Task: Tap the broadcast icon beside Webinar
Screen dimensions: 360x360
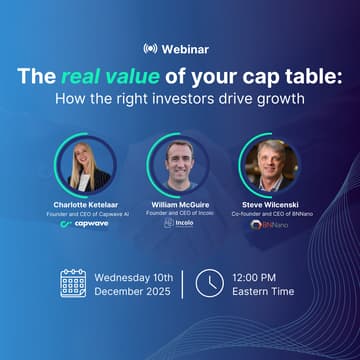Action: tap(151, 47)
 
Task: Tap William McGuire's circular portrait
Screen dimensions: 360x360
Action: tap(180, 163)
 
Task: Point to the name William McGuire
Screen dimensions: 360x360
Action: tap(180, 203)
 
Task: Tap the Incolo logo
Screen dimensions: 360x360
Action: tap(180, 225)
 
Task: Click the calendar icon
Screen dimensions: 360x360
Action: tap(73, 284)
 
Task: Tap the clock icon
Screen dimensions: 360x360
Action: tap(208, 284)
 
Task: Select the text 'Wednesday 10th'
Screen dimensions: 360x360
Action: tap(133, 276)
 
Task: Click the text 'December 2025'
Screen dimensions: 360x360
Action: tap(132, 293)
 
